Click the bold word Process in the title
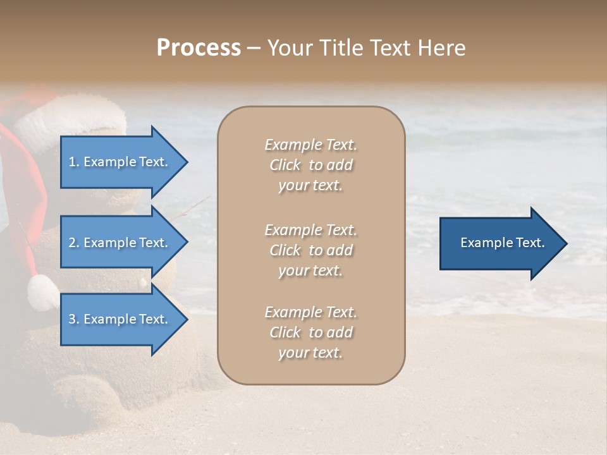(x=199, y=48)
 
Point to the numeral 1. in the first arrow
(x=73, y=162)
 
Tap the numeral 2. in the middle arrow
(x=73, y=243)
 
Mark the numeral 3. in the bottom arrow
(x=73, y=319)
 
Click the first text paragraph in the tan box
(x=310, y=165)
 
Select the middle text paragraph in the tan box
(x=310, y=250)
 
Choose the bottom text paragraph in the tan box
(x=310, y=332)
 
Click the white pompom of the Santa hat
(x=42, y=293)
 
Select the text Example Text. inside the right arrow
(x=503, y=243)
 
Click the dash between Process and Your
(x=254, y=49)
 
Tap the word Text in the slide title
(x=396, y=48)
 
